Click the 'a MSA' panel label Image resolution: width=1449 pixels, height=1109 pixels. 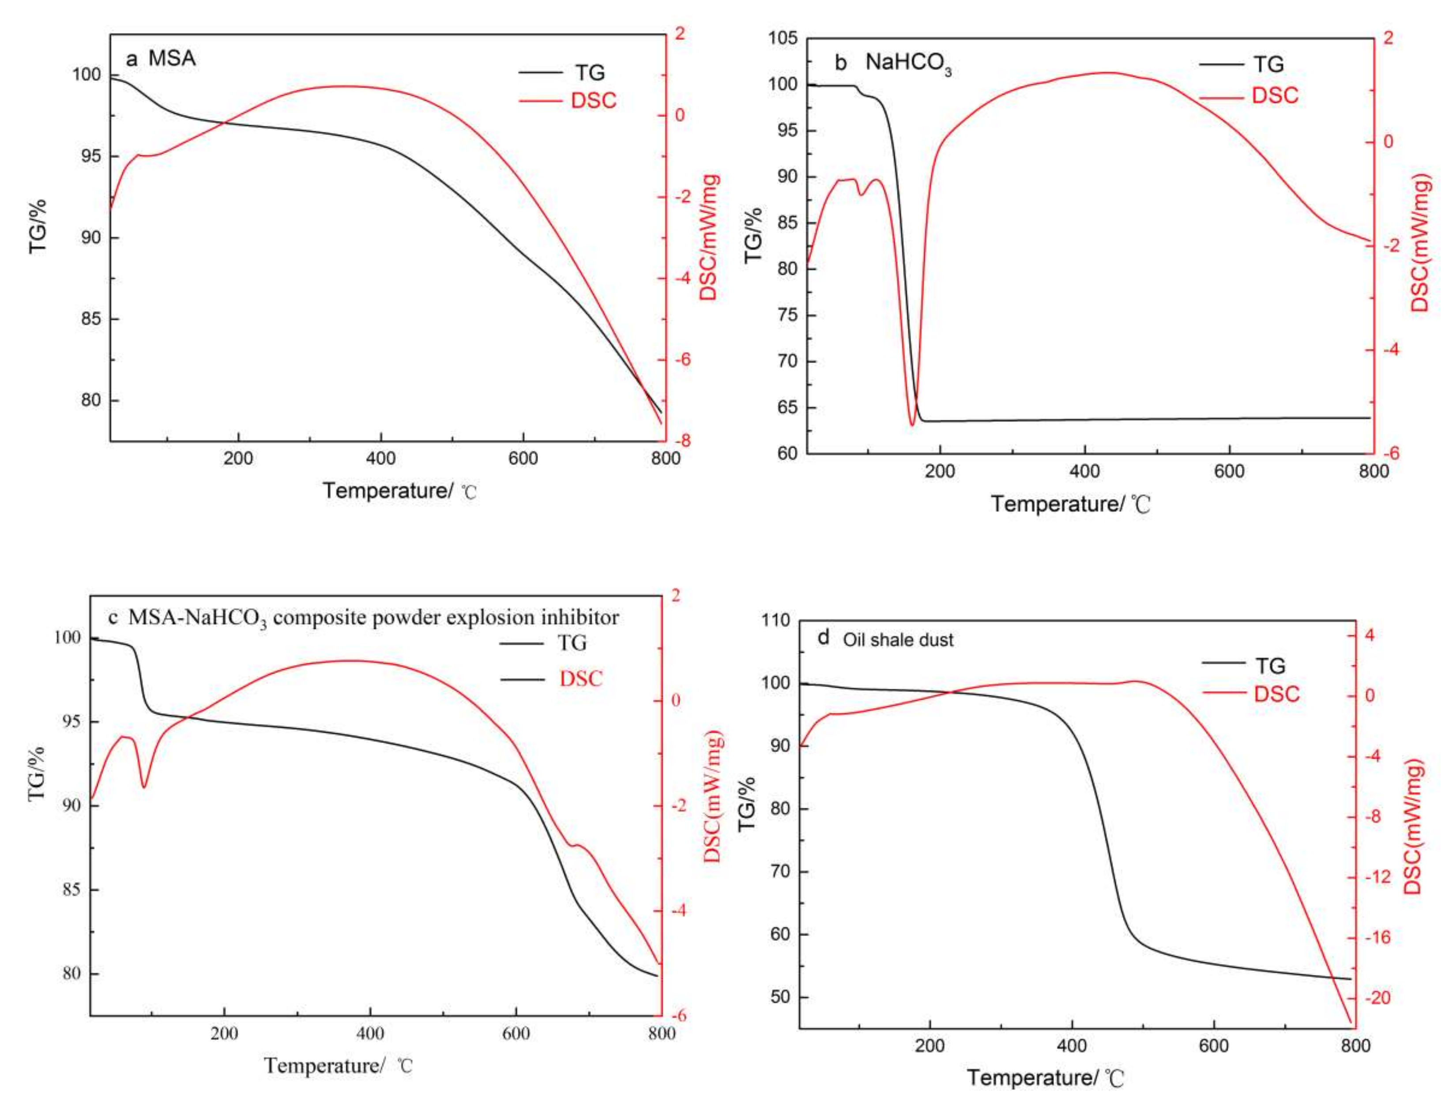coord(161,59)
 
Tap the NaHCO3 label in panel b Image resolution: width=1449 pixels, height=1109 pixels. coord(908,64)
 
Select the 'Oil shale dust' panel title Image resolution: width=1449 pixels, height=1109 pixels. coord(898,639)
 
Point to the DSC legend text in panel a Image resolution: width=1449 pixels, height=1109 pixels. coord(593,100)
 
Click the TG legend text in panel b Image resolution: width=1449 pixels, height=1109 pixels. coord(1268,65)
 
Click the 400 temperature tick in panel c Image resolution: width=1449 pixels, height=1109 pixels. coord(370,1033)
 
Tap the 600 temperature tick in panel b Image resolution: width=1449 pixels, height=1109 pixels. coord(1229,471)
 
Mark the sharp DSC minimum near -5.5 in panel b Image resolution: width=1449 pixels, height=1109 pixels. coord(912,425)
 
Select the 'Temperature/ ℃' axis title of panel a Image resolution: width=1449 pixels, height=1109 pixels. coord(399,490)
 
